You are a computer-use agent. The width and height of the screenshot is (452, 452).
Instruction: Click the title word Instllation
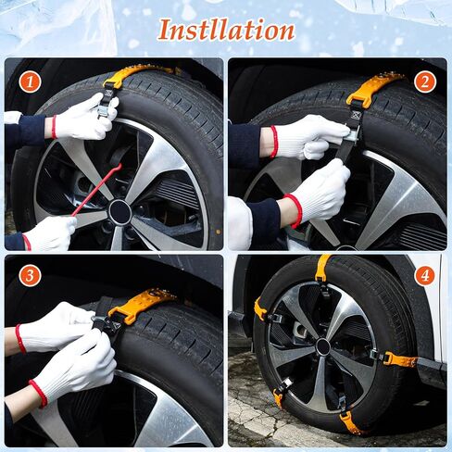tap(226, 30)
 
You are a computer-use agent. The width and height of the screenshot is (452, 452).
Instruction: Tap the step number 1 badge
tap(30, 82)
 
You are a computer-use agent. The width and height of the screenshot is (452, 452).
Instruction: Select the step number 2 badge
tap(425, 82)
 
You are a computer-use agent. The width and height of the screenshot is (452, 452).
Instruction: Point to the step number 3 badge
tap(30, 275)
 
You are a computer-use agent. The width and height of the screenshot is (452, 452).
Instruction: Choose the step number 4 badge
tap(425, 275)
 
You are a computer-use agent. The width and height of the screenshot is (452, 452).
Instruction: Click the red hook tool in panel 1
tap(96, 190)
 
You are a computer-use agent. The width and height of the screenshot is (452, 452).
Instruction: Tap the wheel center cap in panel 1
tap(119, 212)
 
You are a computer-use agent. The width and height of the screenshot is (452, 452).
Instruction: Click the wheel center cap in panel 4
tap(323, 346)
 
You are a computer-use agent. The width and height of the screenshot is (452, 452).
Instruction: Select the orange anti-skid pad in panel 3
tap(141, 305)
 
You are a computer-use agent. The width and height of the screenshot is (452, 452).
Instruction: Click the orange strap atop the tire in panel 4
tap(323, 267)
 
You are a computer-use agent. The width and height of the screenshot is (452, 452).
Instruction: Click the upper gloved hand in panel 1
tap(85, 118)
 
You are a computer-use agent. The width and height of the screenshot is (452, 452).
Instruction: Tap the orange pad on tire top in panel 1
tap(136, 75)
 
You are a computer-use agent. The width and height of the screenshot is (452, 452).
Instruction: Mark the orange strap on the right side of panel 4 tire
tap(400, 360)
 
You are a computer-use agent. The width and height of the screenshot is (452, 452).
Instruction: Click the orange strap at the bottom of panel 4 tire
tap(350, 421)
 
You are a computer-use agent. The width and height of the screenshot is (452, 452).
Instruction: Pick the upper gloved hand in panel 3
tap(56, 327)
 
